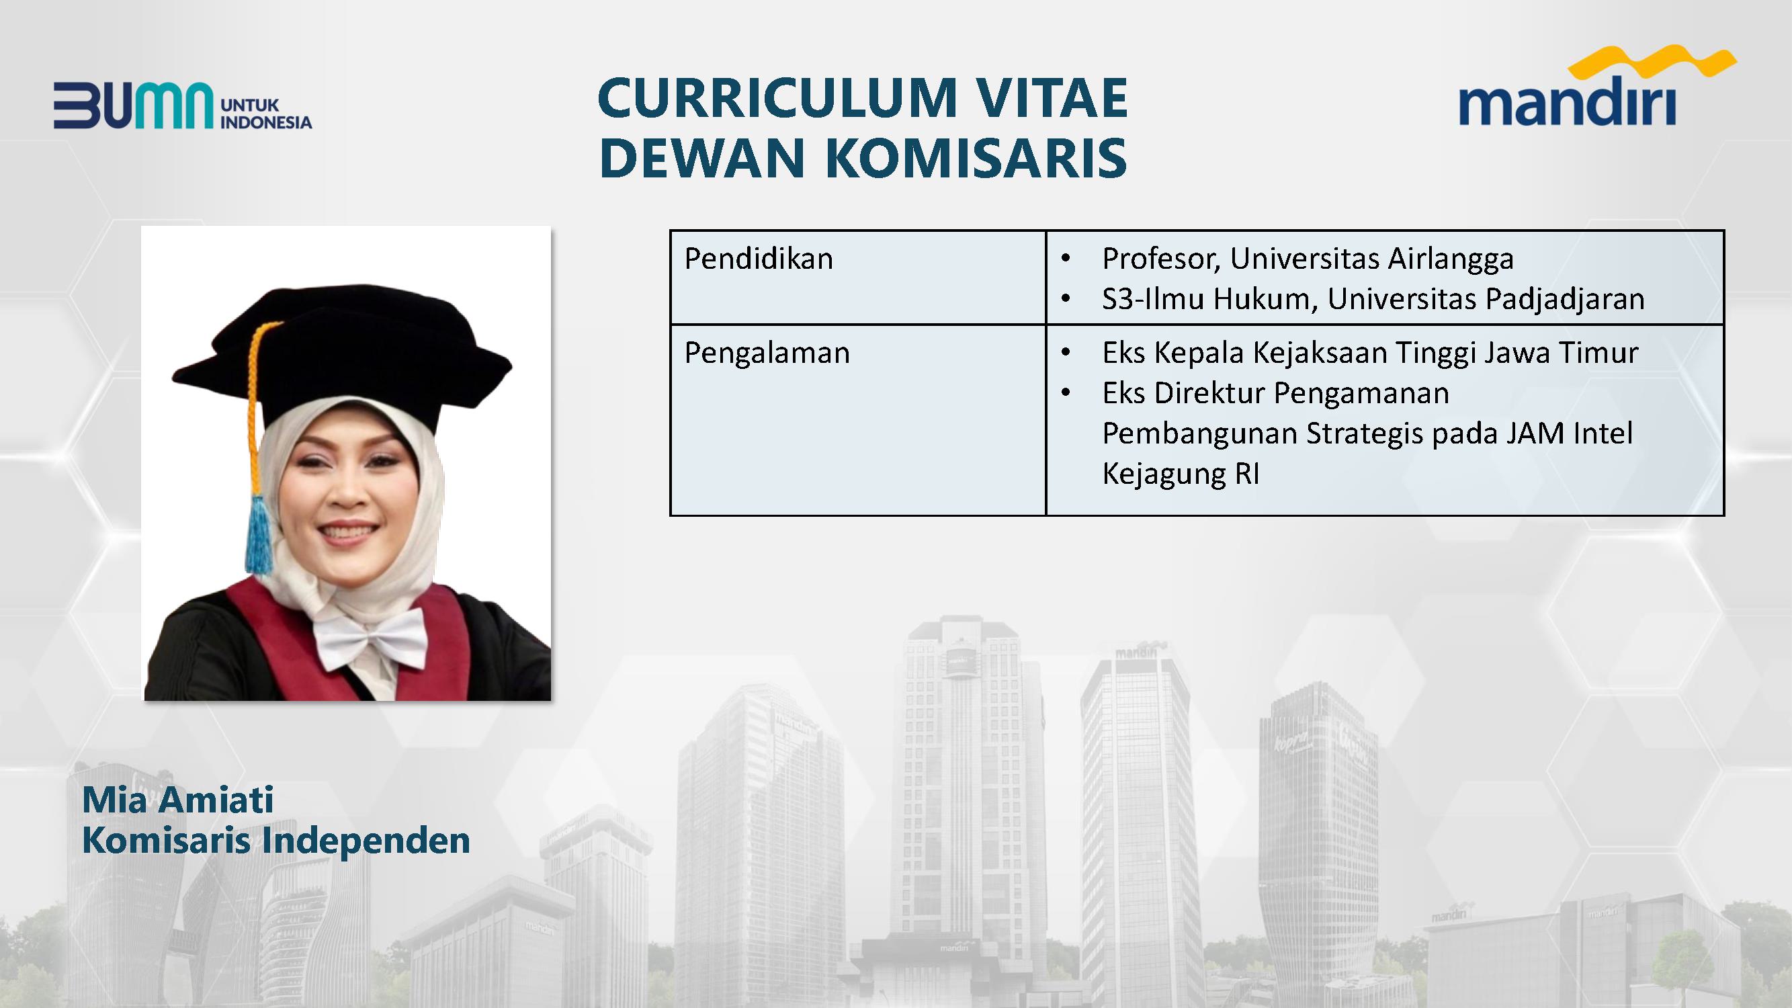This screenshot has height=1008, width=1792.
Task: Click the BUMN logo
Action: [183, 106]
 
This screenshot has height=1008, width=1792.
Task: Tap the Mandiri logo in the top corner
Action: [1597, 85]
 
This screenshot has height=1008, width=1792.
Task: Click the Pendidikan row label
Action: [759, 259]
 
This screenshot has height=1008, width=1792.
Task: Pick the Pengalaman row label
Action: [767, 353]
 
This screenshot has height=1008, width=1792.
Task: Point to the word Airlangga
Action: [1451, 259]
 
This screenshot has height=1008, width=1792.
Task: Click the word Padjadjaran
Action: [1565, 300]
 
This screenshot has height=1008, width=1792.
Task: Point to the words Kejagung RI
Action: [1181, 474]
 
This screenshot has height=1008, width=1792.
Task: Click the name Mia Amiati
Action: [178, 799]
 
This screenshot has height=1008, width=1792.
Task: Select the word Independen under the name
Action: [366, 841]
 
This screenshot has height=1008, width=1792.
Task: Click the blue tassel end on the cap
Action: [258, 535]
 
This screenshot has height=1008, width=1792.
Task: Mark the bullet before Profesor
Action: [1066, 259]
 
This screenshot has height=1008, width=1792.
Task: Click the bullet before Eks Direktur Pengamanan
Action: [1066, 394]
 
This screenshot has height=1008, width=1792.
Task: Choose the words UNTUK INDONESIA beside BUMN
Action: [265, 114]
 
